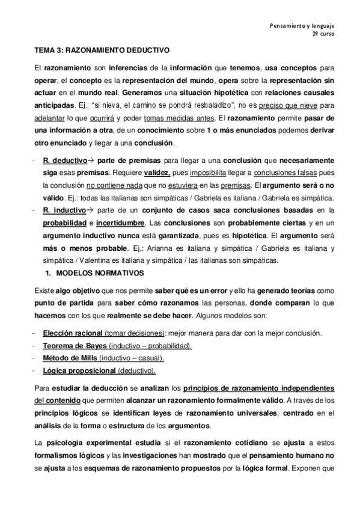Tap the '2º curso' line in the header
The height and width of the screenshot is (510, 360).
tap(323, 35)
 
